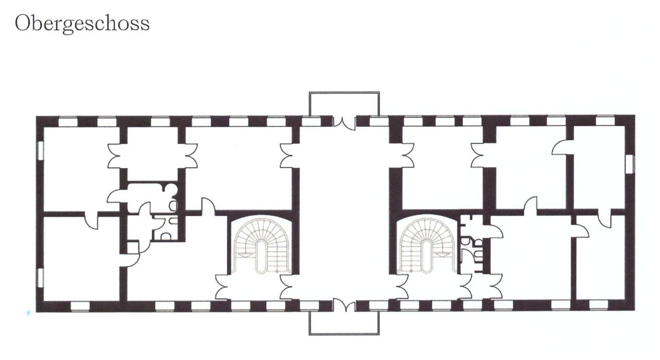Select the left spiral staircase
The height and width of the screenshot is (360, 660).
261,245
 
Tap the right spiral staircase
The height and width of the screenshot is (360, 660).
427,245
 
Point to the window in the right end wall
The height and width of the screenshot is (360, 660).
630,164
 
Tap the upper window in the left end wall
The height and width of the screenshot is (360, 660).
40,151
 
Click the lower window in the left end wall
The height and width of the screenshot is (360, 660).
40,277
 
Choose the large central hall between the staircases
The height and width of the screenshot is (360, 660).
344,212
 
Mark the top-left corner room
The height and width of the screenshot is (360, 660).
81,169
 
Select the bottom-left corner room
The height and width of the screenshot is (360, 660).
81,258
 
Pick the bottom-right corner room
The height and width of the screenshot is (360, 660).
600,257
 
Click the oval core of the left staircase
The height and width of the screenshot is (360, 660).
261,256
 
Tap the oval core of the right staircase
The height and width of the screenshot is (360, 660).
426,256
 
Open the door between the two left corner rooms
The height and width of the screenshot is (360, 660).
91,220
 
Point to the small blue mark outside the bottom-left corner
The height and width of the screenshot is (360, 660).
28,313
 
